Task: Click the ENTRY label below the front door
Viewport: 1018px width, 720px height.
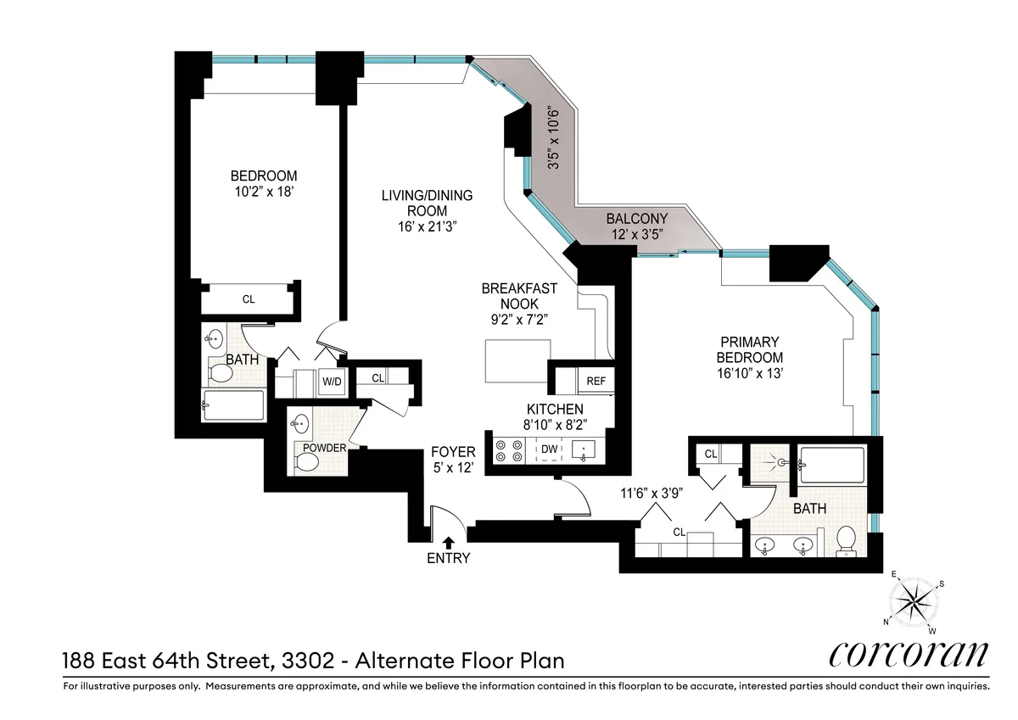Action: point(448,559)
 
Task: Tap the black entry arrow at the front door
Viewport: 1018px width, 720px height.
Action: point(448,541)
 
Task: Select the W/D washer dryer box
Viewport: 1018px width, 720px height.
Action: point(331,382)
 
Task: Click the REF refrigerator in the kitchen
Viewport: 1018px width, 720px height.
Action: point(596,382)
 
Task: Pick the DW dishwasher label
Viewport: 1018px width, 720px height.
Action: point(549,449)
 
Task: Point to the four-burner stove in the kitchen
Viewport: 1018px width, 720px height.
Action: point(508,449)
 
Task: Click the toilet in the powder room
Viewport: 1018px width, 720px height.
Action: point(306,462)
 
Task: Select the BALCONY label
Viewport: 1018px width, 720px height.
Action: point(636,218)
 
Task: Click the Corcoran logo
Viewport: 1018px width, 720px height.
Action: point(907,654)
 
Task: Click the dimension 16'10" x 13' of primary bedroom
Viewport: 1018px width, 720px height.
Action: point(748,372)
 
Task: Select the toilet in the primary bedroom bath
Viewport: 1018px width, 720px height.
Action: point(845,539)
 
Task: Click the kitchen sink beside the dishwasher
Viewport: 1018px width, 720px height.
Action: point(584,449)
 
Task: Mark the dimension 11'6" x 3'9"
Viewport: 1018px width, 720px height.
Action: point(651,493)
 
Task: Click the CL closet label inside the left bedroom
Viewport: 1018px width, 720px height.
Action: point(249,299)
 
